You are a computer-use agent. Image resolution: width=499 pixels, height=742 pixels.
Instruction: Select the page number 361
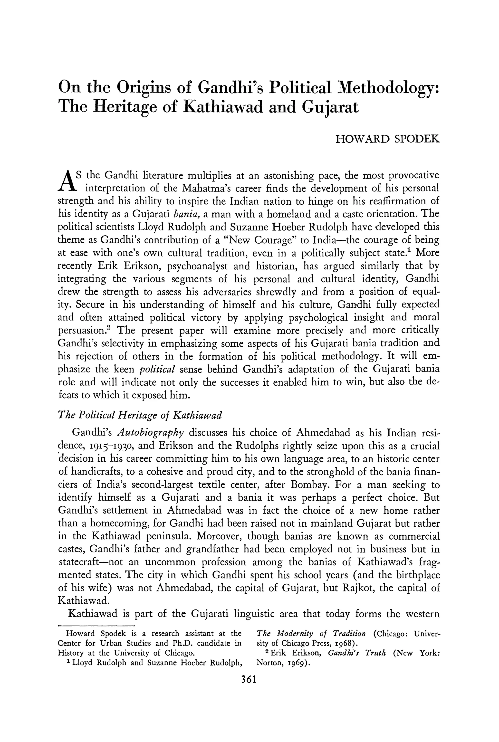click(249, 680)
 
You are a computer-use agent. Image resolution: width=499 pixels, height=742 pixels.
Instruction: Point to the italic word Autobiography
click(151, 433)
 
